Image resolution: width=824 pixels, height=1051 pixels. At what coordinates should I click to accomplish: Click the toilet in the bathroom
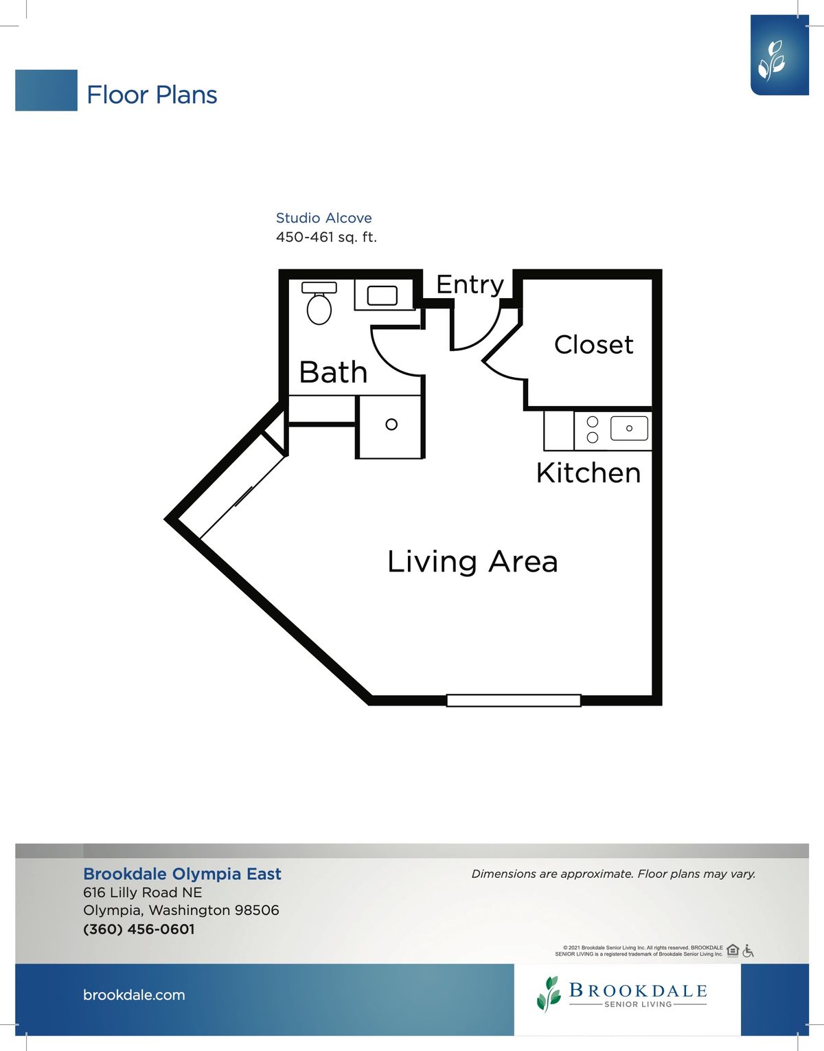coord(319,303)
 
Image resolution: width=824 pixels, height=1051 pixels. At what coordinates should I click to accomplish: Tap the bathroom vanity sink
coord(382,295)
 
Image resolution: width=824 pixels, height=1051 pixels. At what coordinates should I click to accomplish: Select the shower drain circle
coord(391,425)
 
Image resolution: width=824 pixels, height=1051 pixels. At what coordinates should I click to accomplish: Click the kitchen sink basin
coord(629,429)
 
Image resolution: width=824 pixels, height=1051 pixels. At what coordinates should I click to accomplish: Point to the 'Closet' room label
coord(593,345)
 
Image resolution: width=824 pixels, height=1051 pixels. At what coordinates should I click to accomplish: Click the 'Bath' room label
coord(333,372)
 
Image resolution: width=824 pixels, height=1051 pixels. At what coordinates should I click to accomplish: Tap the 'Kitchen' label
coord(588,473)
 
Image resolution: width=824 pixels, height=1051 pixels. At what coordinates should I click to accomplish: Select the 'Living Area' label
coord(472,562)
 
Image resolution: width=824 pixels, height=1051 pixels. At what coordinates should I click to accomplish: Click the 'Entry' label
coord(470,285)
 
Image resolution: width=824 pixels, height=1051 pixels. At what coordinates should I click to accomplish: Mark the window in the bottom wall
coord(513,701)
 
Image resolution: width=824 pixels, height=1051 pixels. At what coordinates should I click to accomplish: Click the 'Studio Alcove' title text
coord(324,218)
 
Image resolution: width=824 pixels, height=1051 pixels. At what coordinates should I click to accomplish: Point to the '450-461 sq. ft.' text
coord(326,237)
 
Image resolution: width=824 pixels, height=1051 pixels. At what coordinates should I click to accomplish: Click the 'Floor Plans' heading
coord(152,95)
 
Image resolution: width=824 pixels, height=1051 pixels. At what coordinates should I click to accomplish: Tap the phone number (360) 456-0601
coord(139,929)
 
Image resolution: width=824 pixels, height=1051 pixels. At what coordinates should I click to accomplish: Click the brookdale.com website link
coord(134,995)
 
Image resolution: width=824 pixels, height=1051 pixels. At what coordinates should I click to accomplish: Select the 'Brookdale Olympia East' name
coord(182,874)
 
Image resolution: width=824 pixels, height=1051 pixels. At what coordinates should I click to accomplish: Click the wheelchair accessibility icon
coord(748,951)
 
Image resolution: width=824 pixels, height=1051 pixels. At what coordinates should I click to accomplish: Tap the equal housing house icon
coord(733,951)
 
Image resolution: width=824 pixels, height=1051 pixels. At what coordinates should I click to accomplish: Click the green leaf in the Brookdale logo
coord(549,994)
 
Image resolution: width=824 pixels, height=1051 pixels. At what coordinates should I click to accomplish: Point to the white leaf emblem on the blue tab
coord(771,60)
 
